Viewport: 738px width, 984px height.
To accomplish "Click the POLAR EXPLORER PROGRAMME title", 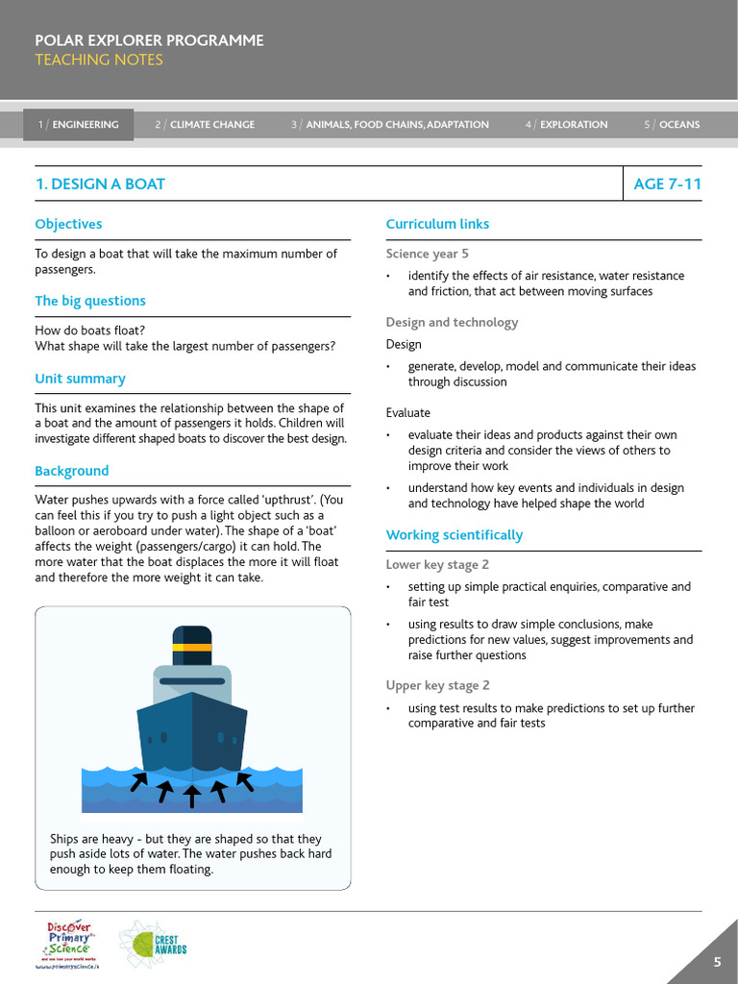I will [x=149, y=40].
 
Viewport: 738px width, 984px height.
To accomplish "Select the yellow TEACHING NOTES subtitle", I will [x=99, y=60].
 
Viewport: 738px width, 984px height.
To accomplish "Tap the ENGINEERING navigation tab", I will [x=79, y=125].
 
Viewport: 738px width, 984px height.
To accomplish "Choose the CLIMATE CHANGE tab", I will [x=205, y=125].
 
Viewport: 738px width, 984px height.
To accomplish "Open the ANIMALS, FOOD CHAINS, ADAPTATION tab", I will [x=390, y=125].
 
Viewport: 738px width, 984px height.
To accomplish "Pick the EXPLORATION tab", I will [x=566, y=125].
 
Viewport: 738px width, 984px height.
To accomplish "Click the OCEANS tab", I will [x=672, y=125].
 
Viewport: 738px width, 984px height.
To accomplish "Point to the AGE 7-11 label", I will [x=667, y=184].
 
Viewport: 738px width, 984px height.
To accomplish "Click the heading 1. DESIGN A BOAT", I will [x=100, y=184].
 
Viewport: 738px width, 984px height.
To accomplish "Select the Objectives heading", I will [x=68, y=224].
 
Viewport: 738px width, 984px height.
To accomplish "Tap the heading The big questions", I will [x=90, y=301].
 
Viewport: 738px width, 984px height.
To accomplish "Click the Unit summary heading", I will [x=80, y=379].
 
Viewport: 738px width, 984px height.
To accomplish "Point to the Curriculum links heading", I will [x=437, y=224].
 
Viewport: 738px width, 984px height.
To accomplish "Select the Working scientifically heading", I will [x=455, y=534].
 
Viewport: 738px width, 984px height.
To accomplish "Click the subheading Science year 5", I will [x=428, y=254].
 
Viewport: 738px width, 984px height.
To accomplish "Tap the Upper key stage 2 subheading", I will [x=438, y=685].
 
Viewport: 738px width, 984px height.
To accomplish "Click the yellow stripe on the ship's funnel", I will [x=192, y=647].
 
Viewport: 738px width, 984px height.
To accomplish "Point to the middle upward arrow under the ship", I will [x=192, y=794].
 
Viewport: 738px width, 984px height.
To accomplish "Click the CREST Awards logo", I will [x=153, y=943].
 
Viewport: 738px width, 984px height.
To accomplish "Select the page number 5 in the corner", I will [x=717, y=963].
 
